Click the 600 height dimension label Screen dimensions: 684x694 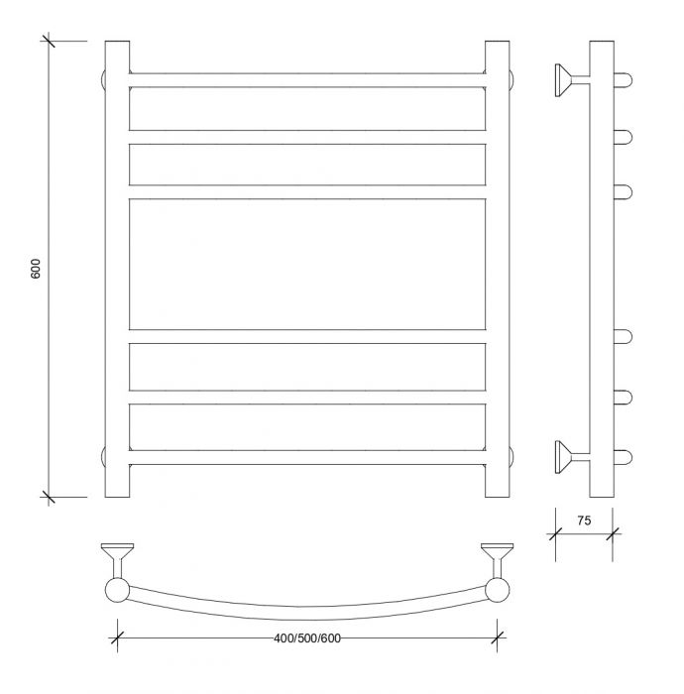36,269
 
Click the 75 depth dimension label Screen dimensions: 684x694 584,520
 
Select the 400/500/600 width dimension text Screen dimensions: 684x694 307,638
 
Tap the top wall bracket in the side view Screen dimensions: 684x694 571,80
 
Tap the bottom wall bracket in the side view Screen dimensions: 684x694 571,457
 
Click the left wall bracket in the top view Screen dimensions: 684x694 117,558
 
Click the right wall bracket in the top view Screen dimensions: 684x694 498,558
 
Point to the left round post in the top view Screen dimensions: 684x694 117,590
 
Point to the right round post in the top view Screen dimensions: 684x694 498,590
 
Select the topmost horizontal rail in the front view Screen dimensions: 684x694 307,80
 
